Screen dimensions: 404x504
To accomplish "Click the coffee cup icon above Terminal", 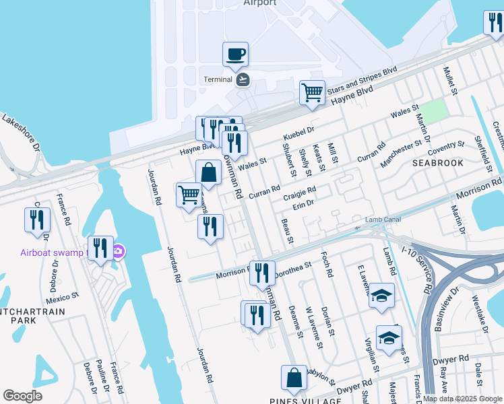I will pos(235,55).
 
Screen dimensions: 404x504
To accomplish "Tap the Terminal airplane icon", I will pos(243,79).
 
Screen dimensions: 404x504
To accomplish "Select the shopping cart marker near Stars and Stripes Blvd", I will pos(312,94).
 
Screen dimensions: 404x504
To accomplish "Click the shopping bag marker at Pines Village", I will pos(294,379).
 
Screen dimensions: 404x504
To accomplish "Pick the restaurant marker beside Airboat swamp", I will pos(100,248).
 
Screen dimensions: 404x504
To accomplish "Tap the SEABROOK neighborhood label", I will pos(438,163).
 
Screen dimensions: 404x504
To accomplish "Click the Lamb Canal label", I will pos(383,220).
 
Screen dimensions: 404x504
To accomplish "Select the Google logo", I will pos(22,396).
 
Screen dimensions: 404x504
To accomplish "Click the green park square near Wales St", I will pos(435,110).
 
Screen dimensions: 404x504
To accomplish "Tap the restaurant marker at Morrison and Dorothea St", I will pos(262,273).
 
